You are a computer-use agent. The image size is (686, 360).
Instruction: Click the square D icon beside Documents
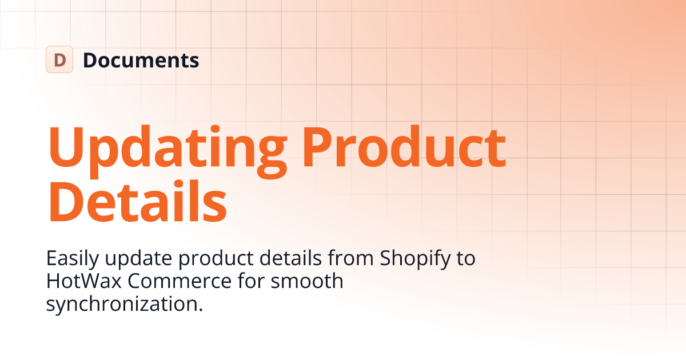pos(59,59)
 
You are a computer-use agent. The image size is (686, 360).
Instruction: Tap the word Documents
pos(141,60)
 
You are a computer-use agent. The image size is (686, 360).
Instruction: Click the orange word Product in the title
pos(404,147)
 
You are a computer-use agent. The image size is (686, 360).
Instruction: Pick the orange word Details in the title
pos(138,201)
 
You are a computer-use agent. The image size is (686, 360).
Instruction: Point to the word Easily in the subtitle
pos(73,259)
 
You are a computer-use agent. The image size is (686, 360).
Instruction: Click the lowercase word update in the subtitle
pos(138,259)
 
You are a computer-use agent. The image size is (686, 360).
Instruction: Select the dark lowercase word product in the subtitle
pos(216,259)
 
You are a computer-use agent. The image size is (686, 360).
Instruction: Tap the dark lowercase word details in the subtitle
pos(290,258)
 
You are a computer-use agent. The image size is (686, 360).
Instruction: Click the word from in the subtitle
pos(350,258)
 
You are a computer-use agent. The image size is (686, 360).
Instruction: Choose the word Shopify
pos(415,259)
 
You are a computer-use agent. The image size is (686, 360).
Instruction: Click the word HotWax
pos(84,281)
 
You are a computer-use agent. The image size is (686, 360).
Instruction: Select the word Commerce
pos(180,281)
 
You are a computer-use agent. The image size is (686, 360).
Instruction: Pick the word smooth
pos(307,281)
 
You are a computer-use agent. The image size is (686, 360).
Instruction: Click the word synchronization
pos(122,303)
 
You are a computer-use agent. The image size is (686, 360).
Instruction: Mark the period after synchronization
pos(201,309)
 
